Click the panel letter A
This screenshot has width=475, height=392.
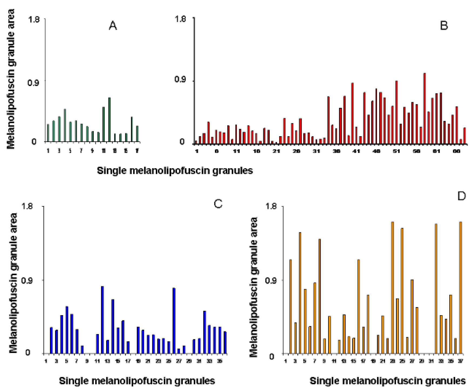tap(113, 26)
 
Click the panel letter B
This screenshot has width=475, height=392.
tap(444, 26)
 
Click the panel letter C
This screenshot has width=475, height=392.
tap(218, 204)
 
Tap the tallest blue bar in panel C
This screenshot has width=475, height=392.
tap(103, 319)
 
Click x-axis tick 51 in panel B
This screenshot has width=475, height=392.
tap(396, 152)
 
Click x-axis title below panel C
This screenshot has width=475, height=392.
tap(137, 381)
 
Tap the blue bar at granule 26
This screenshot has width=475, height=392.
tap(174, 321)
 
